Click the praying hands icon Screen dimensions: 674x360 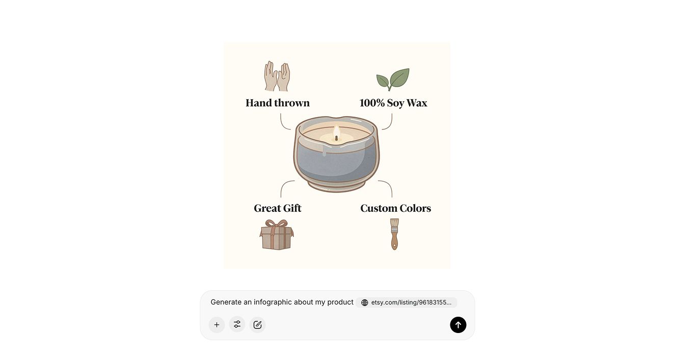point(277,76)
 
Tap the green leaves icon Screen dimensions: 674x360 point(393,79)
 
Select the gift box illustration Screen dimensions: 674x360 point(277,235)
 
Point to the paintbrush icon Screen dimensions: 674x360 point(394,234)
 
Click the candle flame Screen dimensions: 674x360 point(336,132)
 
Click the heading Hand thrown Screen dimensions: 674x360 point(278,103)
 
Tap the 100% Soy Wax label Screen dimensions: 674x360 point(393,103)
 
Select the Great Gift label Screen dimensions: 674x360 point(278,208)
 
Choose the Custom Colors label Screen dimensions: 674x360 point(396,208)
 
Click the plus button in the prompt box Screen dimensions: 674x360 point(217,325)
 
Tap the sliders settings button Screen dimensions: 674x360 point(237,324)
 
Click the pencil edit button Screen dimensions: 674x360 point(258,325)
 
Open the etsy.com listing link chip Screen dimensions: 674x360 point(406,302)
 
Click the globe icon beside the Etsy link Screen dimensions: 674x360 point(364,302)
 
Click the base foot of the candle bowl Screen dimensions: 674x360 point(336,186)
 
